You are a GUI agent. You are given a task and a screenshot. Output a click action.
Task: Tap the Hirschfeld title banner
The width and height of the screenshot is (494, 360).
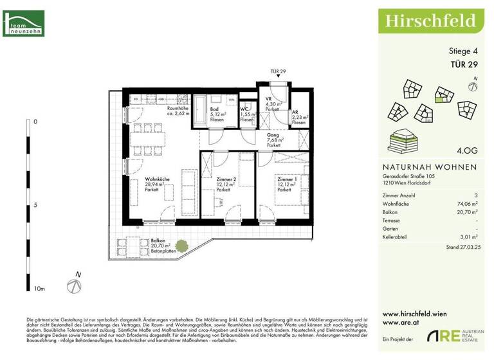click(x=431, y=20)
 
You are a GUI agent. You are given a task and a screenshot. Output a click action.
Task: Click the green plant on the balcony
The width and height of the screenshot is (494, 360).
click(x=182, y=245)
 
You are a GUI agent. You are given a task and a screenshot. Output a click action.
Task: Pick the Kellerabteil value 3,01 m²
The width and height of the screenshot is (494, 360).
click(x=468, y=237)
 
